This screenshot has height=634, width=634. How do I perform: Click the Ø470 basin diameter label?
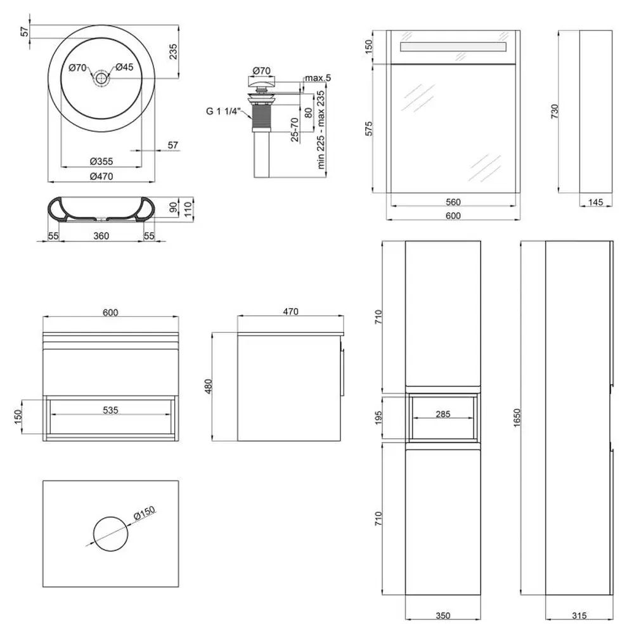101,176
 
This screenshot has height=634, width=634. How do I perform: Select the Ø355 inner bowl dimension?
101,161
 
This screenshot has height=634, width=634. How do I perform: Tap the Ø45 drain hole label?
124,67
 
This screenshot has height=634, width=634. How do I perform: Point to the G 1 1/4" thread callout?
224,111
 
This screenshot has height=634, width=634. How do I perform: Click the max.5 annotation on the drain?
318,77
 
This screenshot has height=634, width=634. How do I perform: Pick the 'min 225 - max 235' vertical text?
321,130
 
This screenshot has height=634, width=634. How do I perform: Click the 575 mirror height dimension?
369,129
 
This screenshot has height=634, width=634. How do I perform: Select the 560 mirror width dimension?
453,202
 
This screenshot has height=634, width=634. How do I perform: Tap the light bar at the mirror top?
453,46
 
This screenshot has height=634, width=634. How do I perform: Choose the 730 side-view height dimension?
554,111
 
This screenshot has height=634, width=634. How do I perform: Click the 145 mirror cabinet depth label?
595,202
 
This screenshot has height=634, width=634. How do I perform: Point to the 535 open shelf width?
110,410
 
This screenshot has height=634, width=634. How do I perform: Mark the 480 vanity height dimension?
208,387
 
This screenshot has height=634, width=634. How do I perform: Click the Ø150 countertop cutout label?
145,514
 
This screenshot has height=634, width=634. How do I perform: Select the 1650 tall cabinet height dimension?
517,418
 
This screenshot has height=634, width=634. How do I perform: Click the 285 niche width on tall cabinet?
443,414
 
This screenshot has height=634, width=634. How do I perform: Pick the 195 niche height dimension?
378,418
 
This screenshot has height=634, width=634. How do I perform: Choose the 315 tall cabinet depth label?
579,616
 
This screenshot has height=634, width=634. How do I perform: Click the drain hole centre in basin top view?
101,78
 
